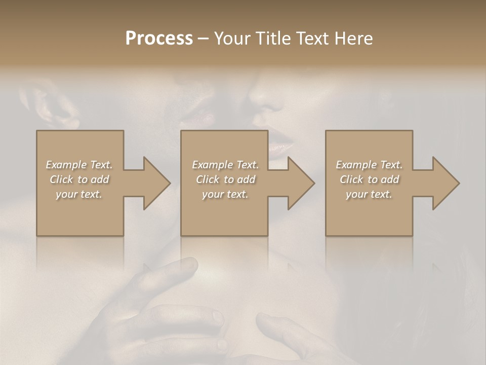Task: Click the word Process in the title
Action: pyautogui.click(x=159, y=38)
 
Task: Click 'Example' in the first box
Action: pyautogui.click(x=67, y=165)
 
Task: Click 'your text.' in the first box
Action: pyautogui.click(x=79, y=194)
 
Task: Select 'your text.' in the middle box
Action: pyautogui.click(x=225, y=194)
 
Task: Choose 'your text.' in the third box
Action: pyautogui.click(x=369, y=194)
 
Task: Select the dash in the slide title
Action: pyautogui.click(x=204, y=39)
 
